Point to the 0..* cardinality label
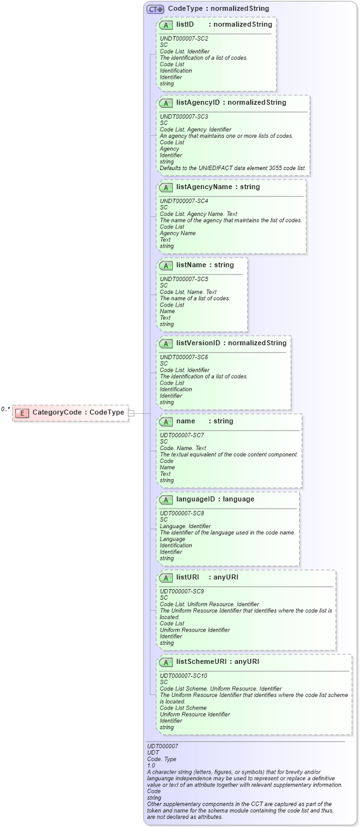coord(6,409)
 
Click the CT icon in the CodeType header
coord(155,9)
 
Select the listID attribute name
coord(185,25)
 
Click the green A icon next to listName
coord(166,265)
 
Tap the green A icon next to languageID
coord(166,500)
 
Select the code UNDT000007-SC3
coord(183,117)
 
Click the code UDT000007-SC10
coord(183,676)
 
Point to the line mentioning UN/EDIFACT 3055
coord(232,168)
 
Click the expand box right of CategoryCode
coord(131,413)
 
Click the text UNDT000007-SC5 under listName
coord(183,279)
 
